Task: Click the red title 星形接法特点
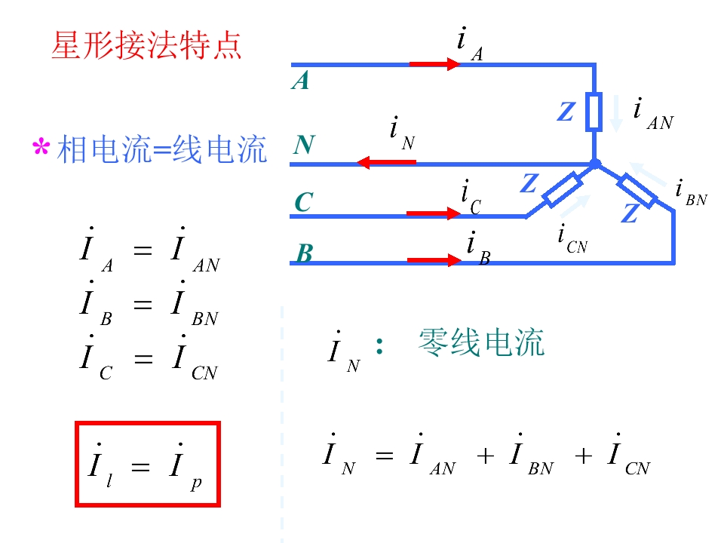[146, 45]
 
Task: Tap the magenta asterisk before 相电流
[41, 147]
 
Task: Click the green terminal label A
[300, 81]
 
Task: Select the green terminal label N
[304, 145]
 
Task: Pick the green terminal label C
[304, 202]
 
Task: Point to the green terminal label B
[305, 253]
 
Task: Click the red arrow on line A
[434, 63]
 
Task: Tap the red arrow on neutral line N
[387, 163]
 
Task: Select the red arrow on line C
[433, 213]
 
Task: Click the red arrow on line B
[434, 260]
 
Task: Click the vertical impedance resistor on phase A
[594, 112]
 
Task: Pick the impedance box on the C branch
[563, 189]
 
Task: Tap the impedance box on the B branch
[637, 191]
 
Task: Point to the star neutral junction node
[595, 164]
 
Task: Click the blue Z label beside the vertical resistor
[566, 112]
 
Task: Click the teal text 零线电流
[481, 343]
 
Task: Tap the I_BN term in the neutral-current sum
[531, 456]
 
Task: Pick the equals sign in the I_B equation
[143, 304]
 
